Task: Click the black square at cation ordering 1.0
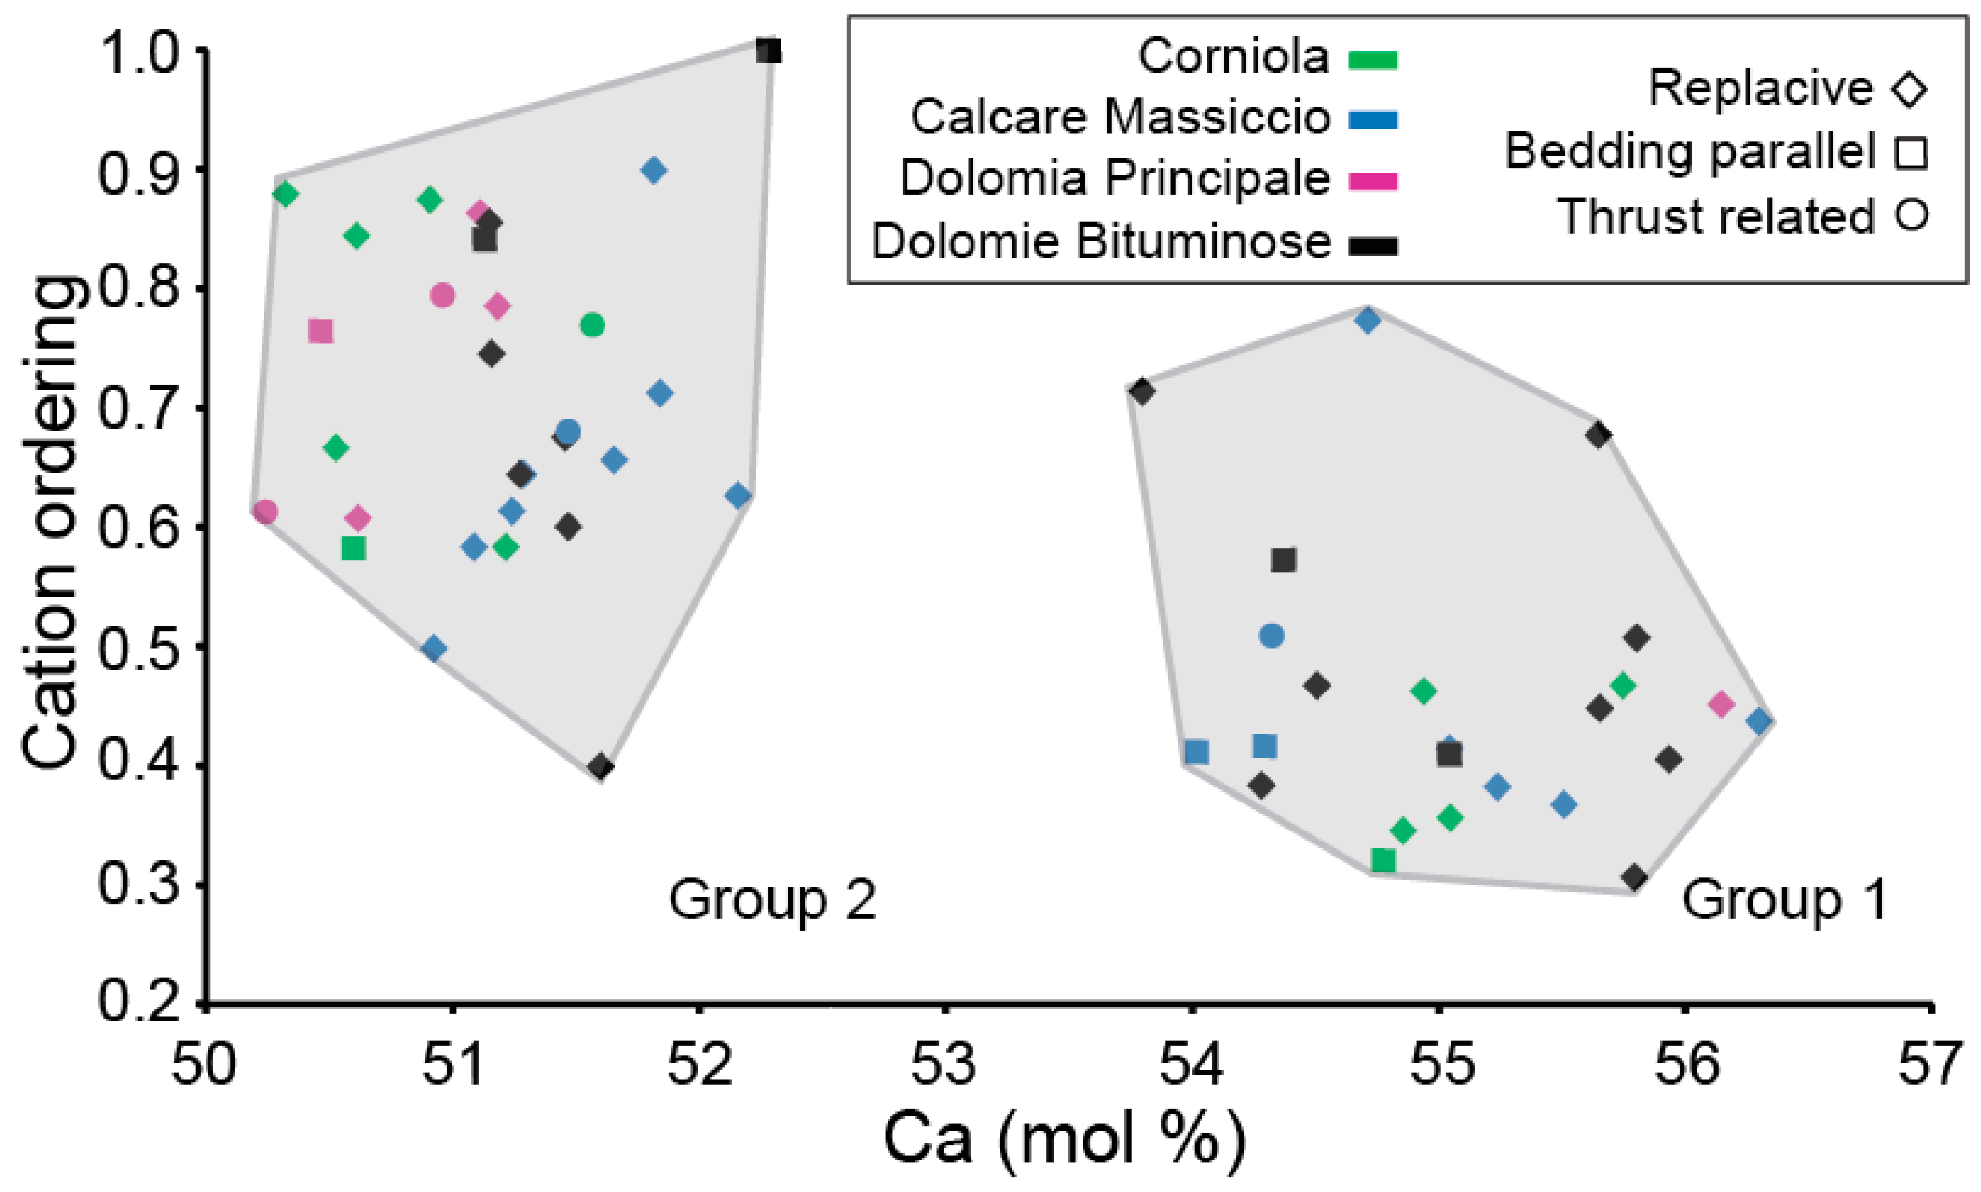click(768, 52)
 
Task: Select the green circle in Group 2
click(592, 326)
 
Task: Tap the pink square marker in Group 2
click(320, 331)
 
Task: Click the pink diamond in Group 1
click(1721, 705)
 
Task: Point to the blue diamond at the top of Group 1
click(1368, 320)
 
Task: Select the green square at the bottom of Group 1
click(1382, 861)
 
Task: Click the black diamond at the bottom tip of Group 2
click(600, 767)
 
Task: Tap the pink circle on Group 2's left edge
click(266, 512)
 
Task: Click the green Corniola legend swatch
click(1373, 60)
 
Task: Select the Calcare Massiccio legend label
click(1120, 118)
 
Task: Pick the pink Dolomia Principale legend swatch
click(1373, 181)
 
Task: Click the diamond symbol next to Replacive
click(1910, 88)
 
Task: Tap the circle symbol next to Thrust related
click(1912, 215)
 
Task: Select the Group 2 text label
click(772, 899)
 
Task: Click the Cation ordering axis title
click(50, 522)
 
